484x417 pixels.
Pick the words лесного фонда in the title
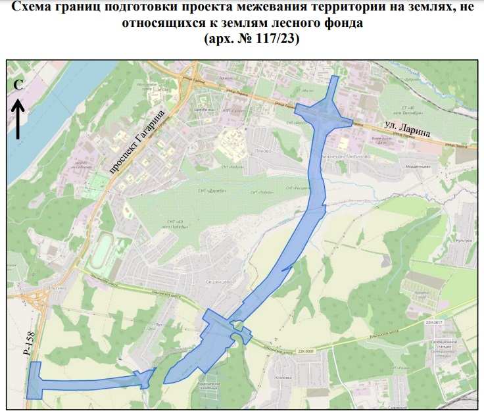pyautogui.click(x=335, y=24)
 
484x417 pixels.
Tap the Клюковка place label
pyautogui.click(x=283, y=378)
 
